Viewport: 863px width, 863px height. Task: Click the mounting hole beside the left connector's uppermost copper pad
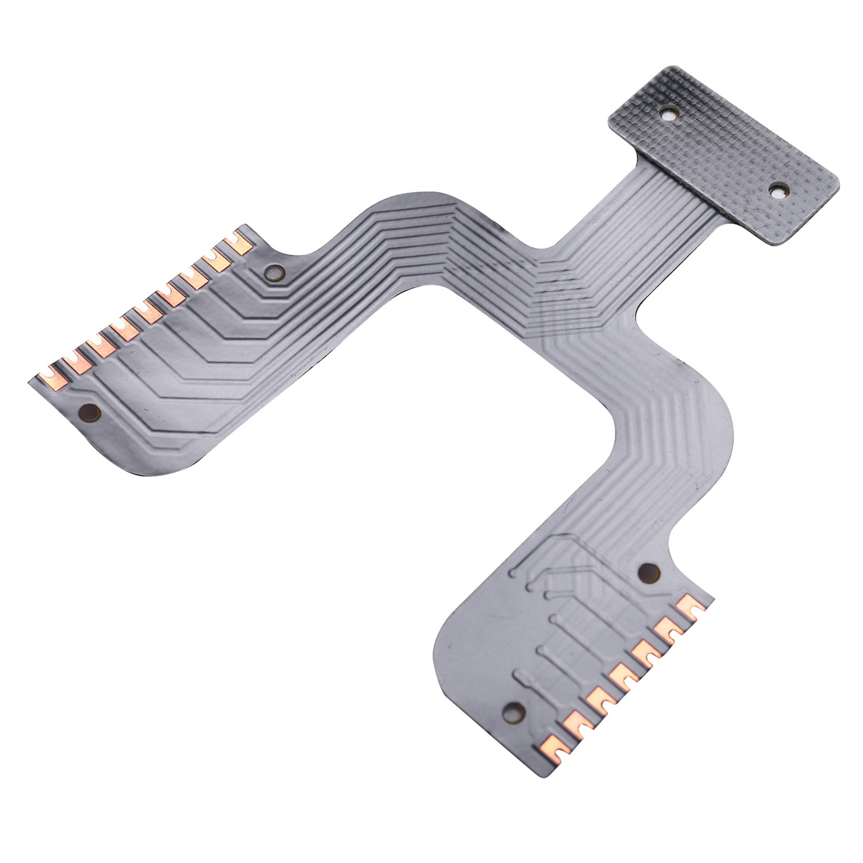coord(275,274)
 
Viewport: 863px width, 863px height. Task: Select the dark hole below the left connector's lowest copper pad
coord(90,413)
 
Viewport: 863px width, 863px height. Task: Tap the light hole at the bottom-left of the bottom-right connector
coord(514,712)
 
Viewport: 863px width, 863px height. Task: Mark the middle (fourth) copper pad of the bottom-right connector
coord(621,677)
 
